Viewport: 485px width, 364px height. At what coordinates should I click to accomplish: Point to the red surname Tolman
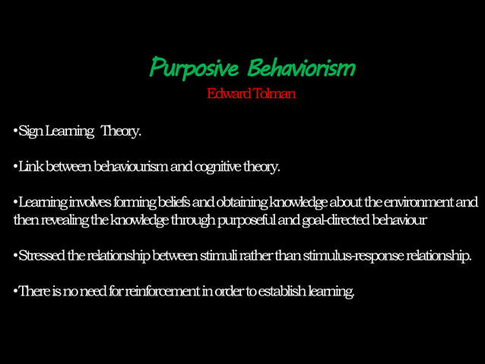pos(275,94)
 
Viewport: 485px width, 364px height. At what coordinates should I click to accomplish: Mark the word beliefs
pos(174,203)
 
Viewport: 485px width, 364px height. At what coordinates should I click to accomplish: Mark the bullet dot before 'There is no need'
pos(15,292)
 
